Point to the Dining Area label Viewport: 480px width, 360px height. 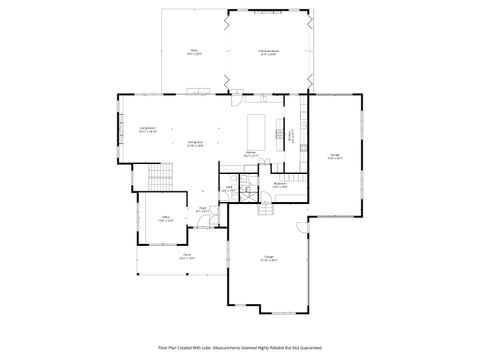196,142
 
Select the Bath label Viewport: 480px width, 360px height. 229,187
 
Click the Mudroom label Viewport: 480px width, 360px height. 281,185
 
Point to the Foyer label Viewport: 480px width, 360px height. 203,210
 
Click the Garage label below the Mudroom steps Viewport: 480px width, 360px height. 269,257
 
